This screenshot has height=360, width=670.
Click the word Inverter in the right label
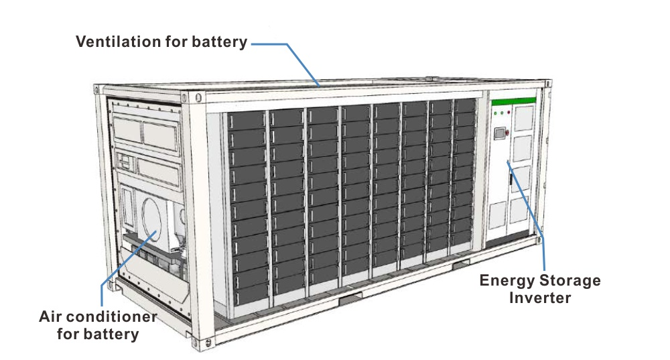[540, 297]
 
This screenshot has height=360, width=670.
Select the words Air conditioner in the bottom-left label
[98, 316]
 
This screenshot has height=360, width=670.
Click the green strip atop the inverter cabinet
[513, 101]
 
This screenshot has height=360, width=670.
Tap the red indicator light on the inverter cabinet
[509, 113]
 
